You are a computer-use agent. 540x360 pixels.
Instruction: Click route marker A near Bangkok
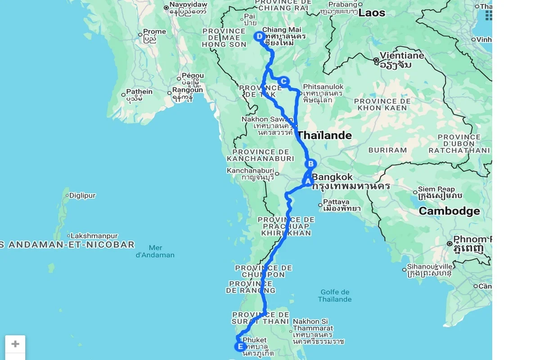tap(308, 182)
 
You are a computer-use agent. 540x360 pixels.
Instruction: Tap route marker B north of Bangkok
tap(310, 164)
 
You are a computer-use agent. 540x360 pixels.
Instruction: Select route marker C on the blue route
tap(283, 81)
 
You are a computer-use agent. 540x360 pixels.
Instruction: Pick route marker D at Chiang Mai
tap(259, 36)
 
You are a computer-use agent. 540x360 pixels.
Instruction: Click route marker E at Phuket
tap(240, 346)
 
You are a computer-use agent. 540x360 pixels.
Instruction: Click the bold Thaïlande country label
tap(324, 135)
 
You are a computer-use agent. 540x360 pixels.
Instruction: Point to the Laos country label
tap(372, 13)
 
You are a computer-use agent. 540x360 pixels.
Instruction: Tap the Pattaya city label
tap(336, 202)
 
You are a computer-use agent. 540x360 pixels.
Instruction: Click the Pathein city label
tap(139, 92)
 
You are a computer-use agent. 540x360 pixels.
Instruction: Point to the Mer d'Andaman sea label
tap(155, 251)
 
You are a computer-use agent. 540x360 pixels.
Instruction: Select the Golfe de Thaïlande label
tap(335, 296)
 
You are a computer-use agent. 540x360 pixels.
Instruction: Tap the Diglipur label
tap(82, 196)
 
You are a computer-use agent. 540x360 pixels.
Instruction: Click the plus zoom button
tap(15, 344)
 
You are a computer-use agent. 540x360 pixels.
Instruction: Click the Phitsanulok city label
tap(323, 87)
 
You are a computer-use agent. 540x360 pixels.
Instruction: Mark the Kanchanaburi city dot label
tap(250, 171)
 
